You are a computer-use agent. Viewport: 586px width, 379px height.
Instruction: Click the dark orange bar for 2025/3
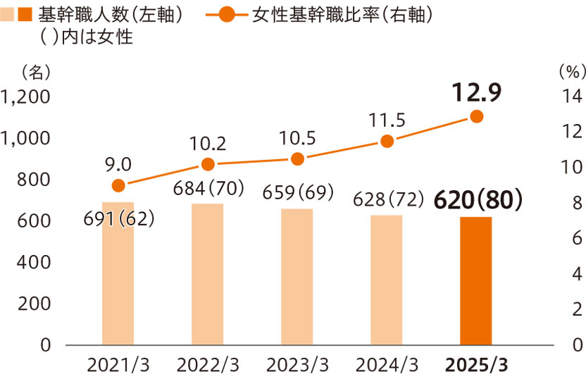point(476,281)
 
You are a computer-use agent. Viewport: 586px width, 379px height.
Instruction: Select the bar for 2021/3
point(118,282)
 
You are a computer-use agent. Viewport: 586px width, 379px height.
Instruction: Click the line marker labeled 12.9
point(476,116)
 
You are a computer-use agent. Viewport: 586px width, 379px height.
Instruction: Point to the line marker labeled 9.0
point(118,185)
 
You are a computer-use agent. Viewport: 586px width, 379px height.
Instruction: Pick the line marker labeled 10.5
point(297,159)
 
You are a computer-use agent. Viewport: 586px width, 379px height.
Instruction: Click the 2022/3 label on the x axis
point(208,365)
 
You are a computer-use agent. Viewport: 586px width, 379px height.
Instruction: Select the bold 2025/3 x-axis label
point(476,365)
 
